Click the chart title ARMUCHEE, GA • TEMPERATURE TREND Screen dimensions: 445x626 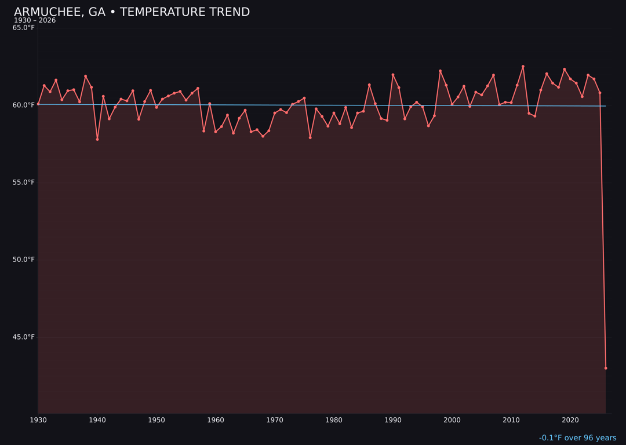132,12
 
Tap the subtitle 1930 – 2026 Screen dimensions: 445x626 35,21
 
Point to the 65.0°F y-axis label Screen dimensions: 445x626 24,28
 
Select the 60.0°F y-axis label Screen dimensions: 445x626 24,105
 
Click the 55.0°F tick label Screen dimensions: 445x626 24,183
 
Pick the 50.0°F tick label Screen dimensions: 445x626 24,260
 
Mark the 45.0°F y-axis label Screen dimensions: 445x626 24,337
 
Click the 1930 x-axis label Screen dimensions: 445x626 38,420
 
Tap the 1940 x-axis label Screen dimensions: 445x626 97,420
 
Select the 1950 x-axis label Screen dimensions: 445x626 156,420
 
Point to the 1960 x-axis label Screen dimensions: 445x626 216,420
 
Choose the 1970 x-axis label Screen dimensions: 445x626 275,420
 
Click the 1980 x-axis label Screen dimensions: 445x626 334,420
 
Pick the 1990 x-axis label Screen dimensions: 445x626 393,420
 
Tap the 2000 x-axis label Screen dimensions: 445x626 452,420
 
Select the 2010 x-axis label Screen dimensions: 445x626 511,420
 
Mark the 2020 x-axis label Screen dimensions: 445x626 570,420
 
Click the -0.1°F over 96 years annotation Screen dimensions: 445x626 577,438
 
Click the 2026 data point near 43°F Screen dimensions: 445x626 606,368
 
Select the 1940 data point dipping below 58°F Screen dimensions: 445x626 97,139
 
